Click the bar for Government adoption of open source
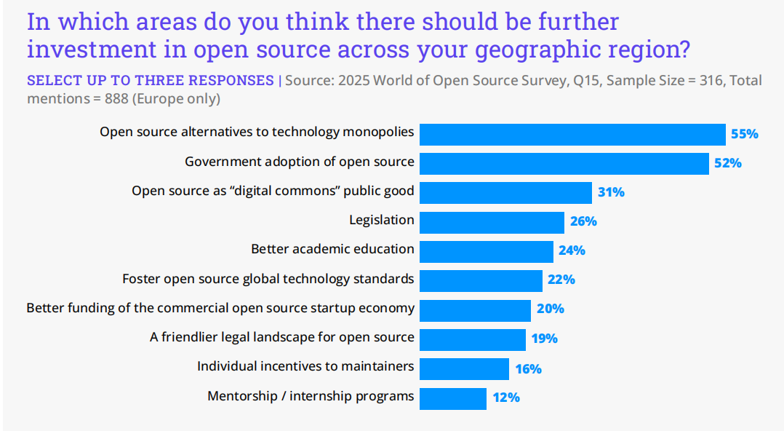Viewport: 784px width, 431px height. (x=564, y=163)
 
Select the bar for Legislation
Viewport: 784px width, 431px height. (x=492, y=222)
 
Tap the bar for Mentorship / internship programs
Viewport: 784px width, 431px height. (x=453, y=398)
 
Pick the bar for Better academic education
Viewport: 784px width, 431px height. (x=487, y=251)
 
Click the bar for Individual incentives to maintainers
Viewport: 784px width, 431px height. (x=464, y=368)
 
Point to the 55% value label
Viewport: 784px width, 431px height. (x=744, y=134)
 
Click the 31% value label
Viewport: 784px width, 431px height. (x=611, y=192)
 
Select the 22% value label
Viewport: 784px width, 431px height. (x=561, y=280)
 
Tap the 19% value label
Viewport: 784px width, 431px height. (x=544, y=339)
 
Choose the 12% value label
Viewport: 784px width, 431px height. (x=505, y=398)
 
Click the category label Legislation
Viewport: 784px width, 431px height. (x=381, y=220)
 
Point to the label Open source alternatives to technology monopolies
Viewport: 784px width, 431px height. (x=257, y=132)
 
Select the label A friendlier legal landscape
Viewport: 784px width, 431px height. (x=282, y=337)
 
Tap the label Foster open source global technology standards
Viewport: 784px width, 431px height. (x=268, y=278)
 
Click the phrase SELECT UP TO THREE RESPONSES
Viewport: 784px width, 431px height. (x=150, y=81)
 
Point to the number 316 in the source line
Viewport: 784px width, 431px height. (x=710, y=81)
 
